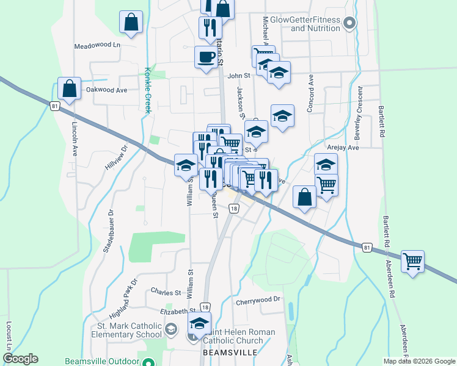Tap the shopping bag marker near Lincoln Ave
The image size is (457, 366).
click(70, 88)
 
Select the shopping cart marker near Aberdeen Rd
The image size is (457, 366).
click(413, 262)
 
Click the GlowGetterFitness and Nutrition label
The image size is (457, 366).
click(315, 24)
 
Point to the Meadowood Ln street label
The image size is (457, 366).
click(98, 46)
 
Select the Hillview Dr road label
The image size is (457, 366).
click(117, 157)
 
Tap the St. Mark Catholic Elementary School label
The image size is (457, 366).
click(127, 329)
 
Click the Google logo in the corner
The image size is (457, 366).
click(20, 359)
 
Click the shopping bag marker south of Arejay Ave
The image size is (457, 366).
click(304, 198)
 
